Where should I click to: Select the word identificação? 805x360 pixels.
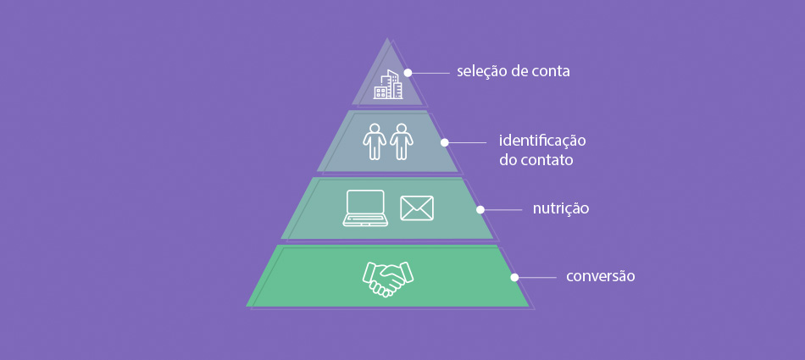tap(542, 140)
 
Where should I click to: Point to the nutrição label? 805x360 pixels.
tap(560, 208)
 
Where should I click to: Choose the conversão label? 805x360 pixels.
tap(600, 276)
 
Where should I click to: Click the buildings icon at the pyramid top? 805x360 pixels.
tap(388, 86)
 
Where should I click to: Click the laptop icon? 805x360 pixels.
tap(366, 208)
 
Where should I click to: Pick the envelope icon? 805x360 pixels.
tap(417, 208)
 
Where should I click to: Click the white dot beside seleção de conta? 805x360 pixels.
tap(408, 73)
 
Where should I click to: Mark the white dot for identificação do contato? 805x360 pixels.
tap(444, 143)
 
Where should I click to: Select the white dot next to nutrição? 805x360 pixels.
tap(480, 209)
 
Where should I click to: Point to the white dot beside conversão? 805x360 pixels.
tap(514, 277)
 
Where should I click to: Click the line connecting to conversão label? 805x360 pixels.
tap(537, 277)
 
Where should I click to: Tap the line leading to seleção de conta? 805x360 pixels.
tap(431, 73)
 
